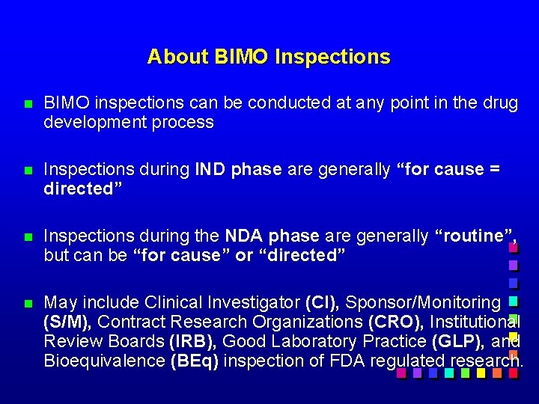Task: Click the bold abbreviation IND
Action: click(x=210, y=170)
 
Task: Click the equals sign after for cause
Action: click(x=493, y=170)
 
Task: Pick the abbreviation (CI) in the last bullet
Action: click(x=322, y=303)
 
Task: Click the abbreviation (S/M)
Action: click(x=67, y=322)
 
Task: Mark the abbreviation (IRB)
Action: click(x=193, y=342)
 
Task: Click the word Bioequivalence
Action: click(x=104, y=361)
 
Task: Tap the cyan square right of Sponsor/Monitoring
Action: click(x=513, y=302)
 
